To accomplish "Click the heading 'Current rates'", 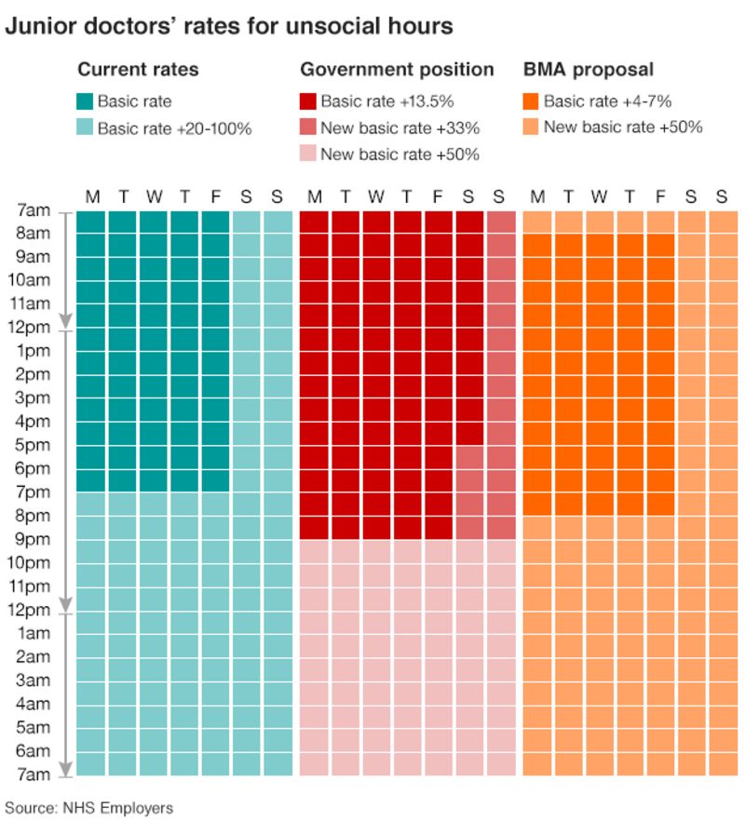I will coord(137,70).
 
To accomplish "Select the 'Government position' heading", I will coord(397,70).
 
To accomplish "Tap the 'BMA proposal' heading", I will coord(588,70).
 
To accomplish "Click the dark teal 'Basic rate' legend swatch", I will coord(85,102).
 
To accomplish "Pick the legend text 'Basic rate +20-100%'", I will coord(174,128).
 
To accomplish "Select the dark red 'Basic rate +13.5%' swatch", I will coord(308,102).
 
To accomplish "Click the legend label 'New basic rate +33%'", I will coord(400,128).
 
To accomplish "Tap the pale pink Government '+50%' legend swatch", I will coord(308,155).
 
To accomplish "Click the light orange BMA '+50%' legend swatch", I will coord(532,128).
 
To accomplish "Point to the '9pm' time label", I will coord(34,540).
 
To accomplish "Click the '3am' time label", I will coord(34,680).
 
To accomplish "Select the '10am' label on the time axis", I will coord(31,280).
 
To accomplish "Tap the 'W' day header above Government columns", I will coord(376,196).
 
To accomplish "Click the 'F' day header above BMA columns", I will coord(660,196).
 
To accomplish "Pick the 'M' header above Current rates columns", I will coord(92,196).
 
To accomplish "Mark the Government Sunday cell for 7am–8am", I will coord(501,222).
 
